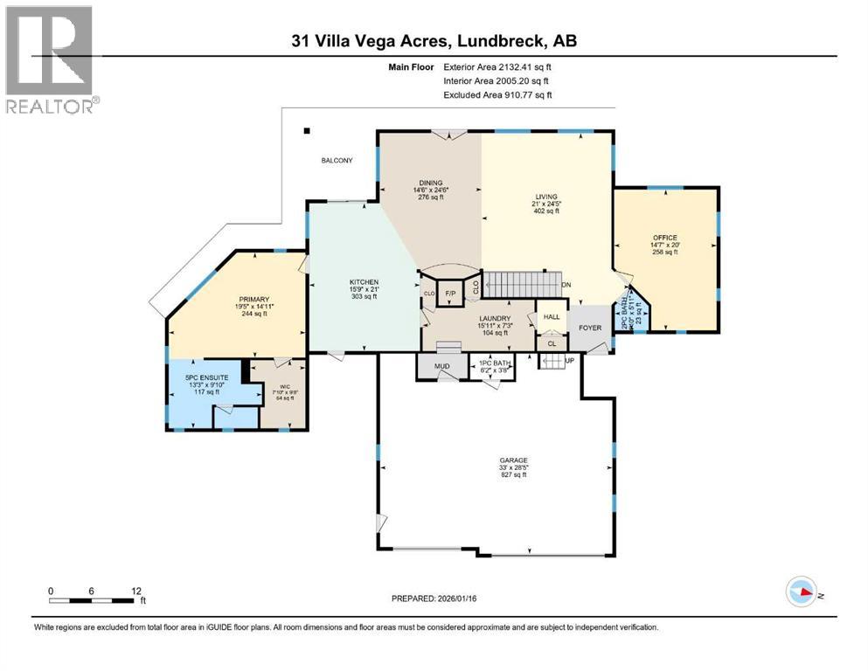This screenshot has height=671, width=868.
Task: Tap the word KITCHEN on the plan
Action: (x=363, y=281)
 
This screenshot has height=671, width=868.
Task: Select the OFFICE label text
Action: (x=665, y=238)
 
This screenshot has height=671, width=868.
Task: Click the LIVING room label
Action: (x=546, y=197)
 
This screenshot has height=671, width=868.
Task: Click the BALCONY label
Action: (x=337, y=161)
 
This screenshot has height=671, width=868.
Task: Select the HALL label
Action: (x=552, y=317)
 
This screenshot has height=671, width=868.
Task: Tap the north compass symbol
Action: (x=802, y=593)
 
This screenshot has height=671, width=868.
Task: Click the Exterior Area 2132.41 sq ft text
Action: (x=497, y=66)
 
